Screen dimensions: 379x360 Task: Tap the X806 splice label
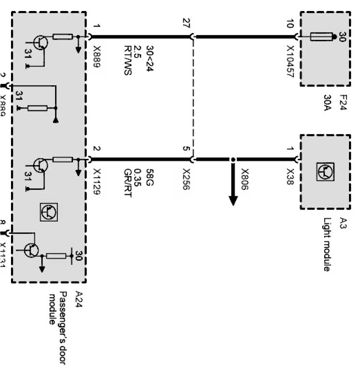point(245,180)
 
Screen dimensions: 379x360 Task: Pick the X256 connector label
point(187,180)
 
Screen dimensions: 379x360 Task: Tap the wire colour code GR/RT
point(127,183)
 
